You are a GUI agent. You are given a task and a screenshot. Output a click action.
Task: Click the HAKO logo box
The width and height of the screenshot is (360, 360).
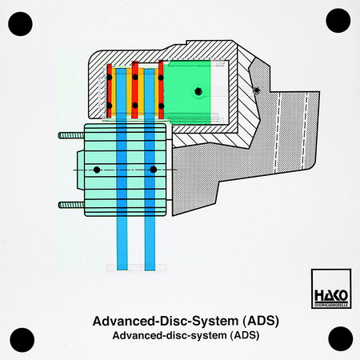(x=331, y=289)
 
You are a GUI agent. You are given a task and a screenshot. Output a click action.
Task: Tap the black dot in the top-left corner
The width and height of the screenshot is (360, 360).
(x=20, y=24)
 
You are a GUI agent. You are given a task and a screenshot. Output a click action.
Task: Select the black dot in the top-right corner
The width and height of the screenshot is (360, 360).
(x=338, y=21)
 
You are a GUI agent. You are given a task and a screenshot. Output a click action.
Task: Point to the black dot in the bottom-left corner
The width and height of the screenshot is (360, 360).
(x=22, y=340)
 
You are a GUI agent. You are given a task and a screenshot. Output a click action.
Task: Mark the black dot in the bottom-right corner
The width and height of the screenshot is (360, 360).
(x=341, y=338)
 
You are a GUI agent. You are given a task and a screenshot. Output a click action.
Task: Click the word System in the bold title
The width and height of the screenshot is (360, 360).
(x=215, y=322)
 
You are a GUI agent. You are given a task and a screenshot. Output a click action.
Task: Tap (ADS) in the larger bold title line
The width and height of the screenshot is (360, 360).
(x=261, y=321)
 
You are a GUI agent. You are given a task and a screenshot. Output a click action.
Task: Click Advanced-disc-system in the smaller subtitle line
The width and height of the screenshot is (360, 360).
(x=170, y=335)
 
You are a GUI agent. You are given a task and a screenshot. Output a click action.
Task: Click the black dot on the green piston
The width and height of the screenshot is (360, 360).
(x=198, y=91)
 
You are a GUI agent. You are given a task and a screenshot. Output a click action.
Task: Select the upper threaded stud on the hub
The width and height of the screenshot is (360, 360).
(x=71, y=135)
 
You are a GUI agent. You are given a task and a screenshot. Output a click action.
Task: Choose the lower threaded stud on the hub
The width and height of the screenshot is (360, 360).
(x=71, y=205)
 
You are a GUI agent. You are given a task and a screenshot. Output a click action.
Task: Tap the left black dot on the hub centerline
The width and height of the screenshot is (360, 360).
(x=97, y=170)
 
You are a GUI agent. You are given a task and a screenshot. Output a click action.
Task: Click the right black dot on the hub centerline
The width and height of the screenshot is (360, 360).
(x=153, y=170)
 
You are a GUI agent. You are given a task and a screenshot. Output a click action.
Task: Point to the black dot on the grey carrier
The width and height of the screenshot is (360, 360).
(x=256, y=90)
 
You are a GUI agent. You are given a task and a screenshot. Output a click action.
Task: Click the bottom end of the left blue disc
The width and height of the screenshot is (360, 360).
(x=122, y=270)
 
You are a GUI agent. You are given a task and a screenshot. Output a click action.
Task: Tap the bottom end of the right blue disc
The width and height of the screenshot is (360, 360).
(x=150, y=270)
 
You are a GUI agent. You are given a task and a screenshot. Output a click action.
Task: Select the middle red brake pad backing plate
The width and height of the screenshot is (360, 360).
(x=135, y=90)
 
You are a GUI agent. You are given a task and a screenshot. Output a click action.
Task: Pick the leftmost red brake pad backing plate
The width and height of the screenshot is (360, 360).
(x=109, y=91)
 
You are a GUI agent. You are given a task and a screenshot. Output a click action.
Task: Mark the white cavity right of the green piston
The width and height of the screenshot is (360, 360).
(x=220, y=92)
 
